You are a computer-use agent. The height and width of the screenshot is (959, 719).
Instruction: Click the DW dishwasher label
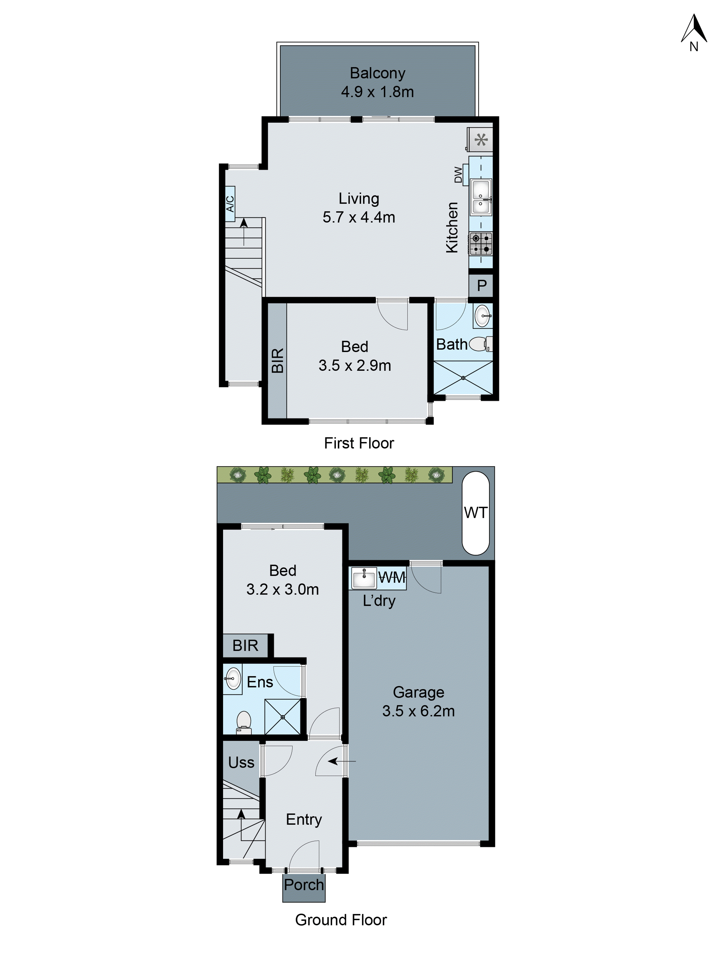tap(458, 175)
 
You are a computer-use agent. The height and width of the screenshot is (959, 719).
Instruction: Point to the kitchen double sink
tap(481, 197)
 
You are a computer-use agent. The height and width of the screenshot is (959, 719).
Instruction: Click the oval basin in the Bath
tap(482, 316)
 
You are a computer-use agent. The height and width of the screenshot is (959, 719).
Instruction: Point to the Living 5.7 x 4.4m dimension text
tap(359, 217)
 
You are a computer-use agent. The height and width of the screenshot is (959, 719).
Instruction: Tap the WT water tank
tap(475, 513)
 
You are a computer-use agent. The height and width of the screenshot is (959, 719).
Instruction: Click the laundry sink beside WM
tap(364, 578)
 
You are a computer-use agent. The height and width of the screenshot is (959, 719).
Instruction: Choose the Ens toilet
tap(244, 722)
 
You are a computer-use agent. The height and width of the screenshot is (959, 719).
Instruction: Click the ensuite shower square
tap(282, 717)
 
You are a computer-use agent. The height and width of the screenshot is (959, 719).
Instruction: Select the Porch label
tap(304, 884)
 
